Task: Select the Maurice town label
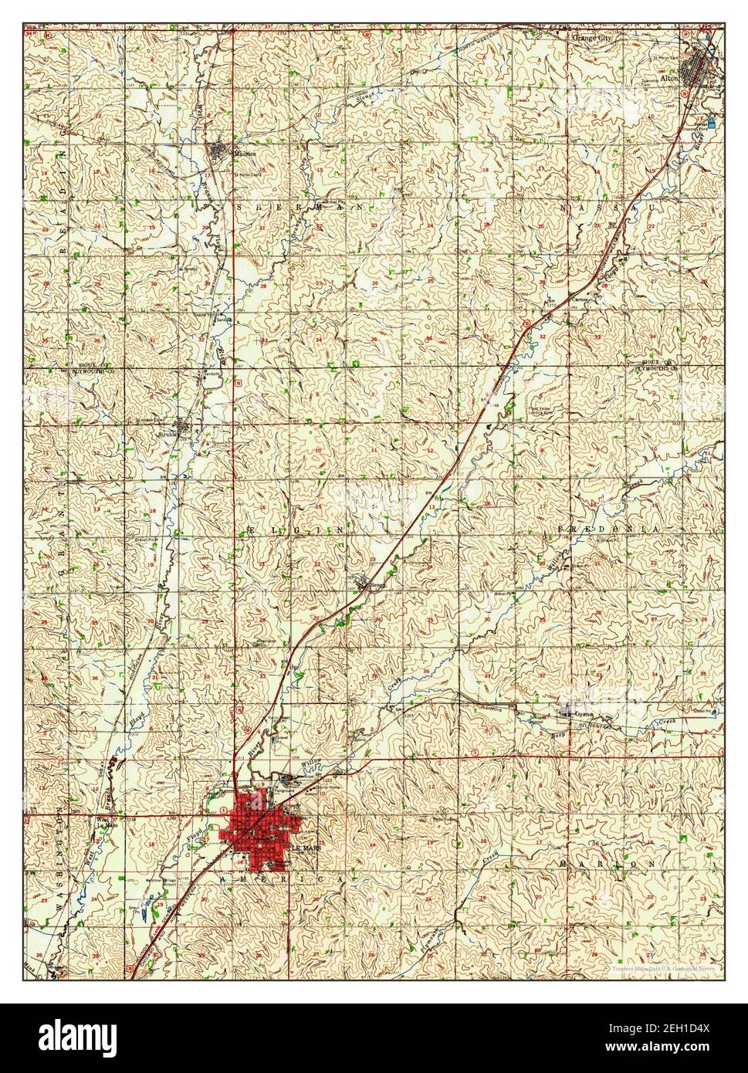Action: tap(245, 153)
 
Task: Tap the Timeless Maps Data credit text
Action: tap(662, 968)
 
